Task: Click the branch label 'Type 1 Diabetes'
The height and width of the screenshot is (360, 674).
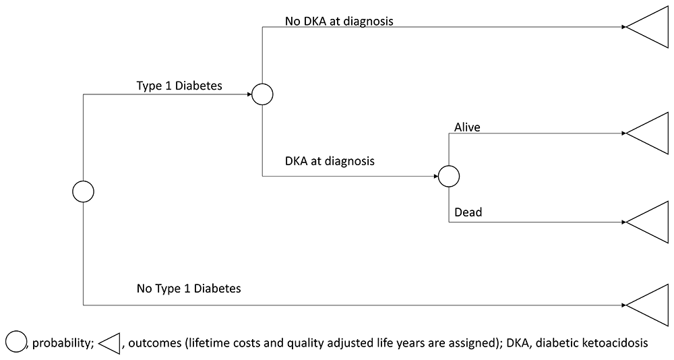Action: point(179,86)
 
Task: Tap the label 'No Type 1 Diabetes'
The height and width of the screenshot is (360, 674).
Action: point(189,288)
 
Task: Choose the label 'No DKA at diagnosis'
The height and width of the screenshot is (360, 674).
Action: point(339,21)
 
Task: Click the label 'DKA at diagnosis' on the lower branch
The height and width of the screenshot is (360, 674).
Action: point(330,161)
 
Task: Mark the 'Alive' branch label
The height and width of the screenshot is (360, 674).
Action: point(467,127)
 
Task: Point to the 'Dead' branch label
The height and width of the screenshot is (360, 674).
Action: point(468,212)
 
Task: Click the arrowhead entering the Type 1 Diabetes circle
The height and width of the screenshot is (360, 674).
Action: point(249,94)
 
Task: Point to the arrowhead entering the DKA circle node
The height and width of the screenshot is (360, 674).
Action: point(435,177)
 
